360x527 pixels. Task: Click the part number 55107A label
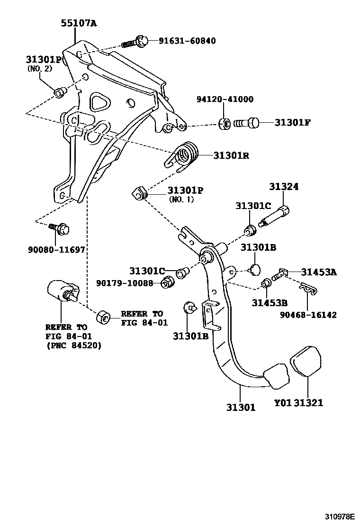tap(79, 22)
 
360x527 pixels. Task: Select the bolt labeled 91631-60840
tap(135, 42)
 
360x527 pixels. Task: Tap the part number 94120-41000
tap(225, 100)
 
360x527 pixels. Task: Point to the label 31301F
tap(293, 123)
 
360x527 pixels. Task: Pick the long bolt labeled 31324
tap(276, 216)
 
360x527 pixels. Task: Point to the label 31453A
tap(319, 272)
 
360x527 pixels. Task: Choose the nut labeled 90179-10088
tap(167, 283)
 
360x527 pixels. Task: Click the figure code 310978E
tap(339, 516)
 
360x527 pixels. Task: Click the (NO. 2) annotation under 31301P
tap(40, 68)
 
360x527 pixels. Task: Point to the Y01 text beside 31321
tap(282, 403)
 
